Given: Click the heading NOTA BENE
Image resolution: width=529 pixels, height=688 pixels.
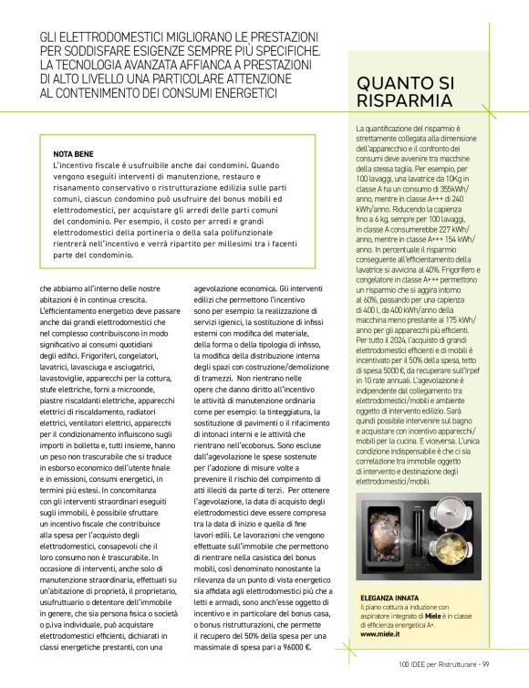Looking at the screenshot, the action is (x=72, y=155).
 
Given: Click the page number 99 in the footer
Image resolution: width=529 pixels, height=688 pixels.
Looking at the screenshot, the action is (x=486, y=663).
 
